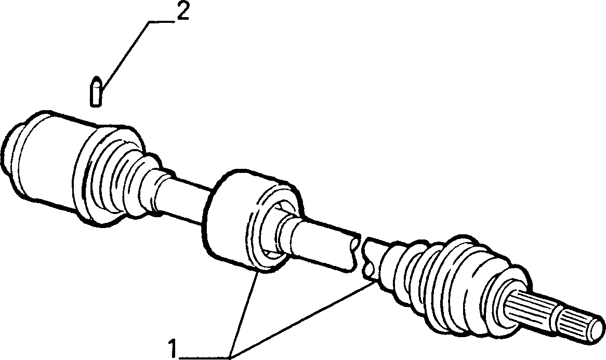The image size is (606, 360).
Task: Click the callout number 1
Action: click(173, 349)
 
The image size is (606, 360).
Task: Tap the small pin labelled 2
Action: click(96, 91)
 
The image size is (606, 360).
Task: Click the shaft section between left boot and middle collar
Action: click(186, 195)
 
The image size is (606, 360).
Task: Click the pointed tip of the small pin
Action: click(96, 79)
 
